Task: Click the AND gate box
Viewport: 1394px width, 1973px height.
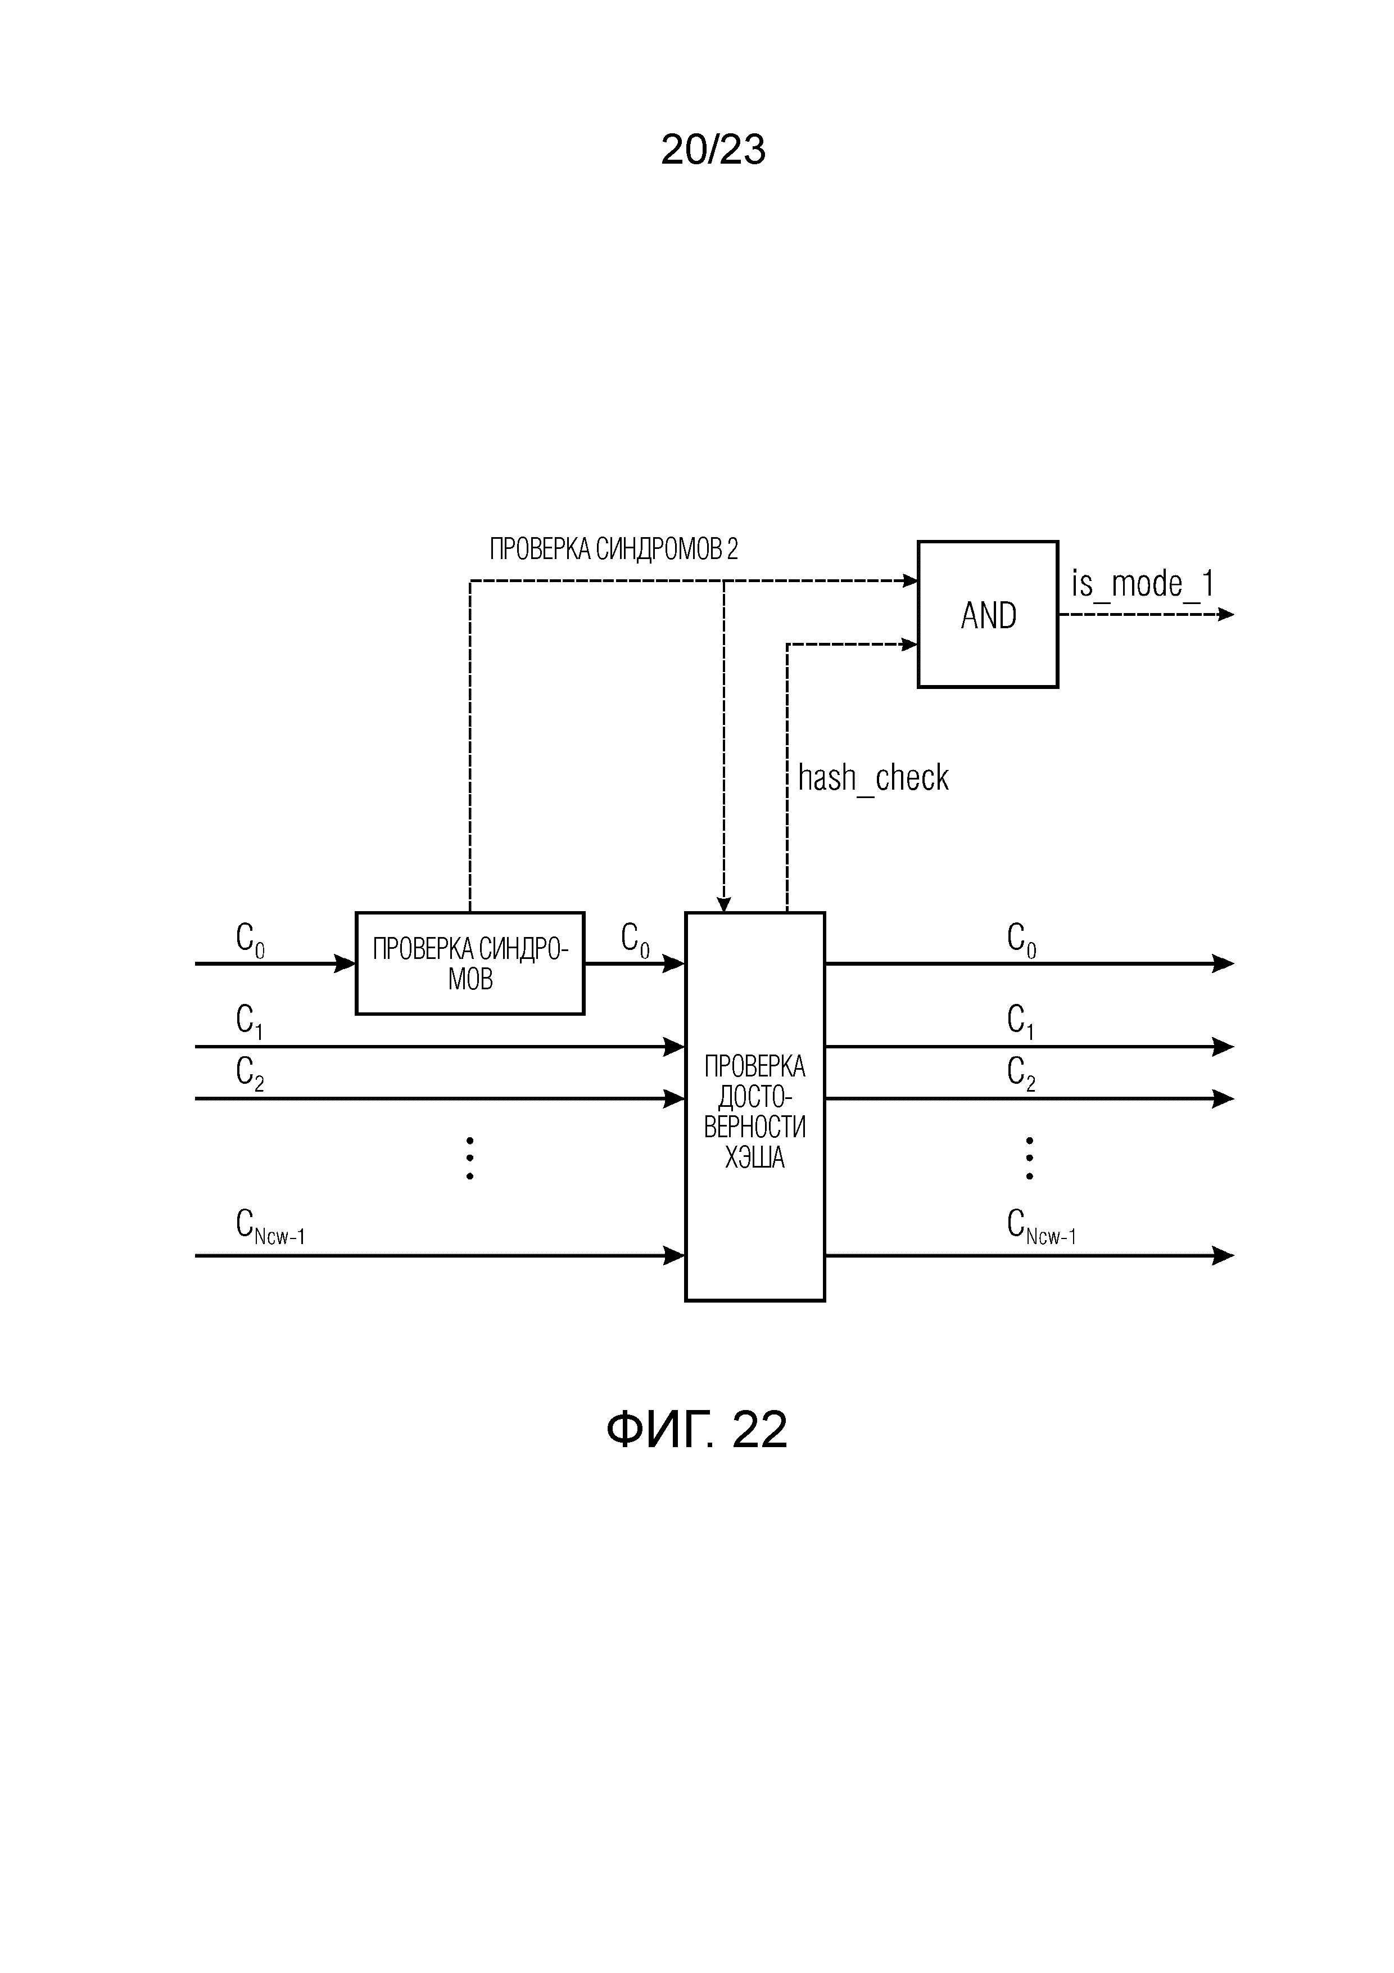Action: tap(987, 614)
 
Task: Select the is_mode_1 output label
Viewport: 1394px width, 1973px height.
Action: tap(1142, 584)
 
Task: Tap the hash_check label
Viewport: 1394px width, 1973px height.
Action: tap(872, 778)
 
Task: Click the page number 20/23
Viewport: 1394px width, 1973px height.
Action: tap(713, 150)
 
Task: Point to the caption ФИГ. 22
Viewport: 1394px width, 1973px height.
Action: tap(696, 1430)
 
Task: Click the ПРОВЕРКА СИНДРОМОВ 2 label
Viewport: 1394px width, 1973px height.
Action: tap(613, 549)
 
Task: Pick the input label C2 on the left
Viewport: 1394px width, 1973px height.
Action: tap(249, 1073)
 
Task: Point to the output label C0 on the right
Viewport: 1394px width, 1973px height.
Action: tap(1020, 939)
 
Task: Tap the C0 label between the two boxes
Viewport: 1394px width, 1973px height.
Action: tap(635, 939)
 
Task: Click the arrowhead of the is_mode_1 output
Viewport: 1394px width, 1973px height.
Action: tap(1226, 614)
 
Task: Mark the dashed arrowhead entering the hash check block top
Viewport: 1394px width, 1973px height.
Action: tap(723, 904)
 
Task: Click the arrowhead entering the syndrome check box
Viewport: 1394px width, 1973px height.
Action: tap(345, 963)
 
